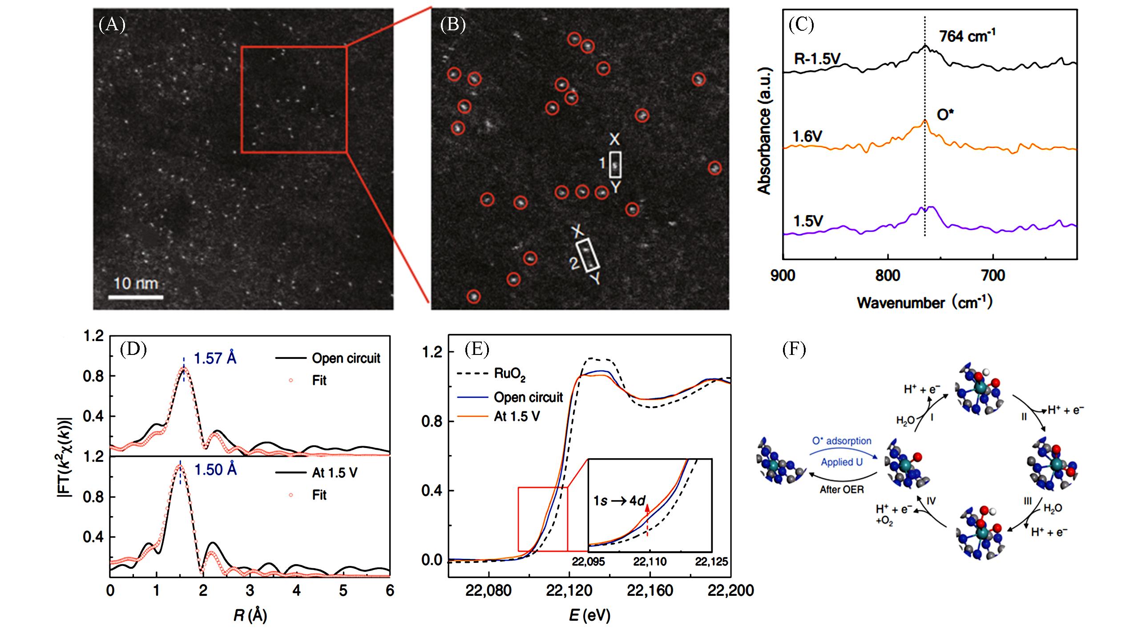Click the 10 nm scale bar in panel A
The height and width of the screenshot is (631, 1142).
click(x=136, y=296)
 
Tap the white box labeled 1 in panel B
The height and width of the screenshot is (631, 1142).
click(x=615, y=165)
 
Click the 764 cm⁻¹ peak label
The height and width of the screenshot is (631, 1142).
click(x=967, y=36)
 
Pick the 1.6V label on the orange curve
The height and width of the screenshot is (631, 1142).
click(x=807, y=136)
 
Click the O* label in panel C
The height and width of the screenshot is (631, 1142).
click(x=945, y=115)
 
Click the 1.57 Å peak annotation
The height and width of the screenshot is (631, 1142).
click(x=215, y=358)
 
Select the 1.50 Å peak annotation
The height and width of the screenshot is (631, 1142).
click(x=215, y=469)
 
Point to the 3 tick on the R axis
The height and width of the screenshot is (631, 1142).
click(x=250, y=590)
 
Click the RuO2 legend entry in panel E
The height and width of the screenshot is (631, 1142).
click(x=510, y=374)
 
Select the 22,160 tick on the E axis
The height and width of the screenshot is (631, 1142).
click(x=650, y=591)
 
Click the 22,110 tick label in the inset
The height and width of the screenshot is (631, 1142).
click(x=650, y=562)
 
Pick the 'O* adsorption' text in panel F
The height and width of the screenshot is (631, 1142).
click(x=842, y=441)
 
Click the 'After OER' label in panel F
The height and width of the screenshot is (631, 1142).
click(x=842, y=489)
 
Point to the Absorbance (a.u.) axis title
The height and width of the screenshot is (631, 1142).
click(x=764, y=131)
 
